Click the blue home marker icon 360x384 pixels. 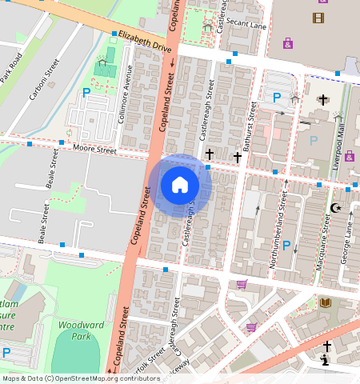click(180, 185)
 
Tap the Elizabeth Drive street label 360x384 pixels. click(145, 42)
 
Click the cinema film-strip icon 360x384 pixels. click(319, 18)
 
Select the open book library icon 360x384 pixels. click(325, 302)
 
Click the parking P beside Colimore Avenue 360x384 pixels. click(86, 93)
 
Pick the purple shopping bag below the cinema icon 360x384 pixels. click(287, 43)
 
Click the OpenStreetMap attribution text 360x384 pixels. click(81, 378)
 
